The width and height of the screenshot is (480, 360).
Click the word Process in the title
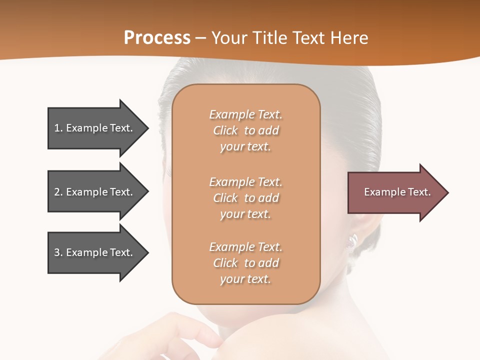[x=157, y=38]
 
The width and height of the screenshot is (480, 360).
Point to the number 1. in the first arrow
[x=58, y=128]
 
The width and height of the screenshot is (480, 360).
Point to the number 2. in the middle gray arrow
[x=58, y=192]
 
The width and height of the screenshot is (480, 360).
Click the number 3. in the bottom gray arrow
[x=58, y=252]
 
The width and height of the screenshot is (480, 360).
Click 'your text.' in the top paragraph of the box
[x=245, y=147]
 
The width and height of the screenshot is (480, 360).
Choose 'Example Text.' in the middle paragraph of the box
[x=245, y=182]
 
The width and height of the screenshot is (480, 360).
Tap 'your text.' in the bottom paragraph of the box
[x=245, y=279]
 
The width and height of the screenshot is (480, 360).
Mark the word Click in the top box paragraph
[x=225, y=131]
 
